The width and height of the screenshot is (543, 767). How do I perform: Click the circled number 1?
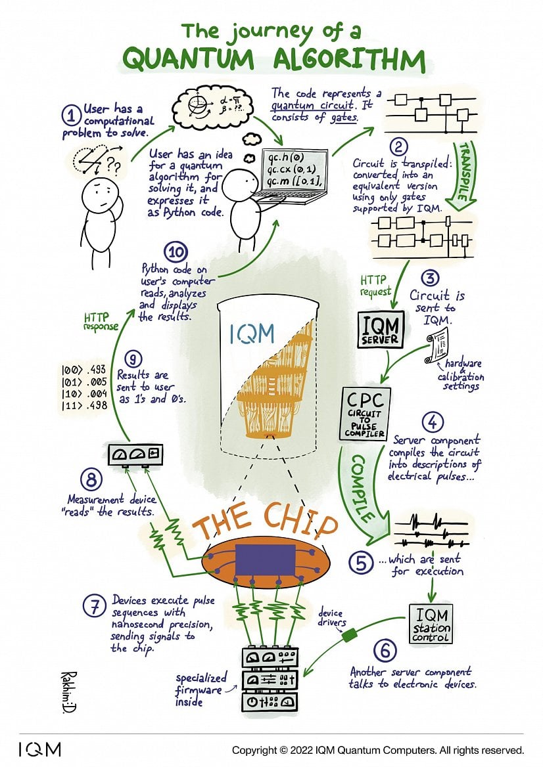point(71,116)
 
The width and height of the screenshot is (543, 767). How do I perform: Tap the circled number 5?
point(361,563)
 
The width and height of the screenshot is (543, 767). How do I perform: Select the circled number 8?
point(91,480)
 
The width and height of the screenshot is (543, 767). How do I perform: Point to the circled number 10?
point(176,252)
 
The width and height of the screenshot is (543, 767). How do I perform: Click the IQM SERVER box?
point(381,330)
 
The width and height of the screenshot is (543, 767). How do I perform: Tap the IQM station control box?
point(431,624)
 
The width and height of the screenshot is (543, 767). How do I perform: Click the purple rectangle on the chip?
point(266,559)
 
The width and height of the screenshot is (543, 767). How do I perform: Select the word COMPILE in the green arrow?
point(363,489)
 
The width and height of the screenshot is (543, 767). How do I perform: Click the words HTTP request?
point(375,286)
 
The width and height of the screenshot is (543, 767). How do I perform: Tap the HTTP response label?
point(101,321)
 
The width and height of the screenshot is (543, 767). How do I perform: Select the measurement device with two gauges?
point(135,454)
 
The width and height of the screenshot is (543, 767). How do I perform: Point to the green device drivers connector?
point(349,635)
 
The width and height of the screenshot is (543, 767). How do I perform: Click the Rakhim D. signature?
point(67,691)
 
